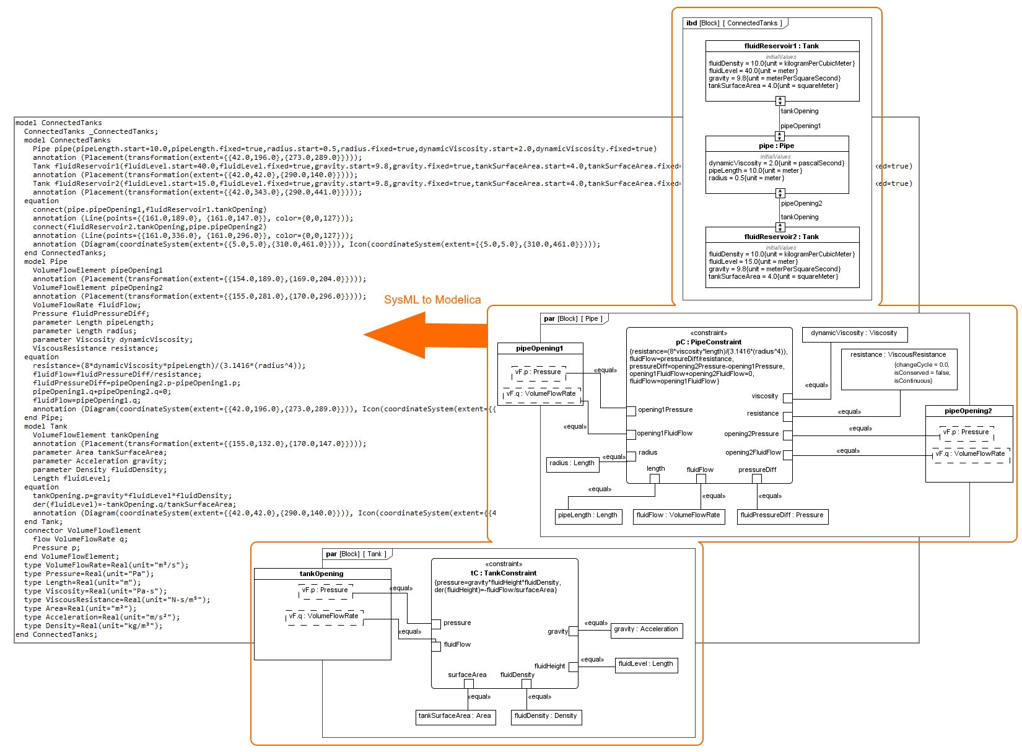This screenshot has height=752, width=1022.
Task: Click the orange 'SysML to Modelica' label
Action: [432, 300]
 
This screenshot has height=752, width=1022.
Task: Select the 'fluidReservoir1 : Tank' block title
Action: [782, 46]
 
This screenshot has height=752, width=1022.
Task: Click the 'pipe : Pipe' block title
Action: [776, 146]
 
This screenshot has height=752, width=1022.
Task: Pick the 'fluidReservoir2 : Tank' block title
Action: [782, 237]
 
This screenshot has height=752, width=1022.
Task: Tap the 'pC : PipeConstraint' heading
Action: [709, 342]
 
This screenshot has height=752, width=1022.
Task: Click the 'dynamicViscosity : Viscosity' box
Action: [854, 333]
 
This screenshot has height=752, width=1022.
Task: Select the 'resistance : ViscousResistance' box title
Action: [898, 354]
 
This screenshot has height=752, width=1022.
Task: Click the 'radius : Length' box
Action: [572, 463]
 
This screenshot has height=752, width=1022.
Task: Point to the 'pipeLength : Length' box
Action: [587, 515]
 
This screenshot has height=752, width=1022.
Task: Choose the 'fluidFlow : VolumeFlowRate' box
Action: [678, 515]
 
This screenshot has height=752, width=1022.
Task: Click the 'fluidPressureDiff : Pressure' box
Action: [782, 515]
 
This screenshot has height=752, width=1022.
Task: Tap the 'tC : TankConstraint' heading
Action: [503, 573]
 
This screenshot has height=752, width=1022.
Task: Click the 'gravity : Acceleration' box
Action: [645, 629]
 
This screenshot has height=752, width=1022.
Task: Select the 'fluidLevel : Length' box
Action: [645, 664]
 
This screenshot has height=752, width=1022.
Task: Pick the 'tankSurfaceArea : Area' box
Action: [454, 716]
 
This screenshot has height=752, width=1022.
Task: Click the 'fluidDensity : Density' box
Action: [545, 716]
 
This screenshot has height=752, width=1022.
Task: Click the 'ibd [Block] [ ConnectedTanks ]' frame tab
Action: [734, 24]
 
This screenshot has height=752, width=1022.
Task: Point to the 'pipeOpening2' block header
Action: [968, 411]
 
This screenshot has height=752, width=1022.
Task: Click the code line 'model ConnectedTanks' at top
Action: [59, 123]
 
